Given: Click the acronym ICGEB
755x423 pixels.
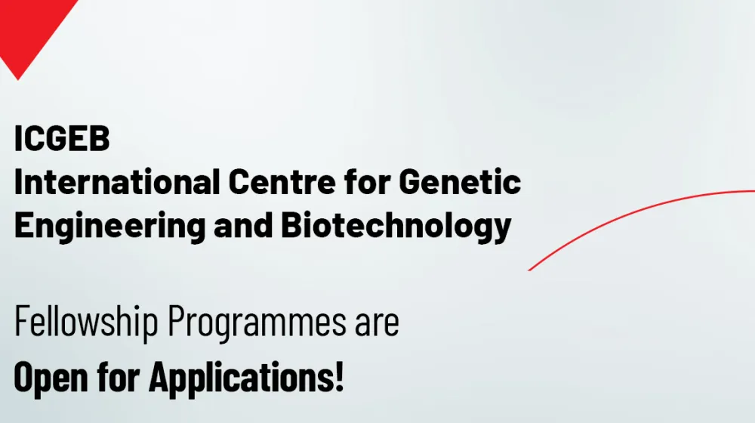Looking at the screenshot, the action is tap(62, 138).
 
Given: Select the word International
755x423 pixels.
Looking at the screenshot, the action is tap(117, 181).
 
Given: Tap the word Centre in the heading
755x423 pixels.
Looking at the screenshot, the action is tap(282, 182).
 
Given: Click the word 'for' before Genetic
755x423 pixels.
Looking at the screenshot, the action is tap(367, 181).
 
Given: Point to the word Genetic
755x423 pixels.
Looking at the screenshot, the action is tap(460, 181).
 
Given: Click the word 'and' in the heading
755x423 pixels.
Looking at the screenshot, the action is tap(243, 224).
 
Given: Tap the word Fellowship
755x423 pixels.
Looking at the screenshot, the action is tap(86, 322).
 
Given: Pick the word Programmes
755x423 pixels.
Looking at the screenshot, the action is tap(257, 322).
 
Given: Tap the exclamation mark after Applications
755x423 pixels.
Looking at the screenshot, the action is tap(339, 376).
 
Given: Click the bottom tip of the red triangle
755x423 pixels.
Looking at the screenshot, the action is tap(18, 80).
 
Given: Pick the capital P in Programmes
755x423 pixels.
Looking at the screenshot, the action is tap(177, 321).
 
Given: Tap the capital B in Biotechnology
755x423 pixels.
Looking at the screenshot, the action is tap(291, 224).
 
